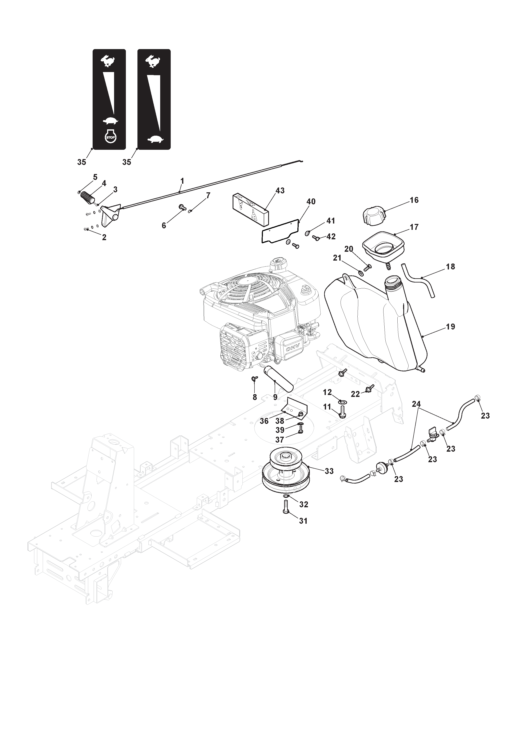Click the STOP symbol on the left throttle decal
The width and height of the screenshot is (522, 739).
[110, 136]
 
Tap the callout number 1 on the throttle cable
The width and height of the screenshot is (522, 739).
[182, 181]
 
